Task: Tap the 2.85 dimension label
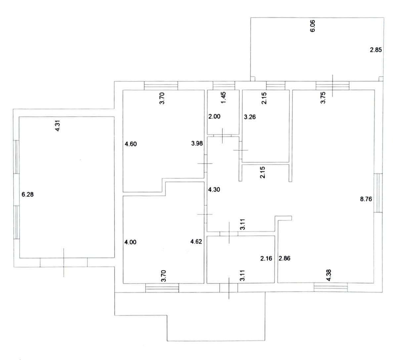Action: pyautogui.click(x=375, y=50)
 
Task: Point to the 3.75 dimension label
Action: pyautogui.click(x=324, y=98)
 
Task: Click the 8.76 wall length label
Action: pyautogui.click(x=367, y=199)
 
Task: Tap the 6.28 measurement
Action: pyautogui.click(x=27, y=195)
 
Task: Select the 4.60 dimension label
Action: pyautogui.click(x=131, y=144)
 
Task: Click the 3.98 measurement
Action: pyautogui.click(x=197, y=143)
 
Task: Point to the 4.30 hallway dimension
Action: pyautogui.click(x=214, y=190)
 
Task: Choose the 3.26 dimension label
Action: pyautogui.click(x=249, y=117)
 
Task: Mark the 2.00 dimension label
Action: pyautogui.click(x=214, y=116)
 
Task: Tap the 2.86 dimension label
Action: pyautogui.click(x=284, y=258)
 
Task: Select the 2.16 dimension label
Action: pyautogui.click(x=266, y=258)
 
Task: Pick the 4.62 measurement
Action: pyautogui.click(x=197, y=242)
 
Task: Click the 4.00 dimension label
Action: pyautogui.click(x=131, y=242)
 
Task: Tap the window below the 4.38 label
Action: pyautogui.click(x=331, y=288)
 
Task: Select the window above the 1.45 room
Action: pyautogui.click(x=224, y=86)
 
